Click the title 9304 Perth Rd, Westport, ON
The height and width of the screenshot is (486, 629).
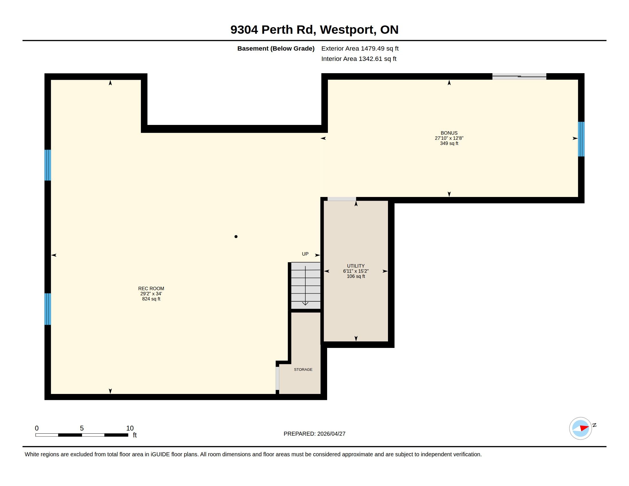tap(314, 30)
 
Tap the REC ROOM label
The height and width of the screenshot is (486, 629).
tap(151, 288)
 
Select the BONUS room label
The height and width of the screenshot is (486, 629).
tap(449, 133)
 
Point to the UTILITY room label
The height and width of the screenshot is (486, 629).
tap(356, 266)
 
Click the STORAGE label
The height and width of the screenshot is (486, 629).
tap(303, 369)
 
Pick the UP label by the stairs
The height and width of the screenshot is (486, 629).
tap(305, 254)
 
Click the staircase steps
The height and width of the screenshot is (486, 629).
tap(306, 286)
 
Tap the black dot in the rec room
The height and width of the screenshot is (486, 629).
tap(236, 237)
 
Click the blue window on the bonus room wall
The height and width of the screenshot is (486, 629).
tap(581, 139)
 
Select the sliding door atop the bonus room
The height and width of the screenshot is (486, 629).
tap(519, 77)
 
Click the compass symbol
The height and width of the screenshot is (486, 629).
tap(581, 428)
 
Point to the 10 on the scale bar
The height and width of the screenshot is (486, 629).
tap(130, 428)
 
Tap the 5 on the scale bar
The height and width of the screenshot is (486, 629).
tap(82, 428)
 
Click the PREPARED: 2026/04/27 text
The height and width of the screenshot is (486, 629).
tap(314, 434)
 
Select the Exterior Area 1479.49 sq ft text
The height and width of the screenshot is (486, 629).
tap(360, 48)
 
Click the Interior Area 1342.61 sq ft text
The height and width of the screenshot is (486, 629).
tap(359, 59)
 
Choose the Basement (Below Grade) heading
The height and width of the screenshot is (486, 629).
tap(276, 48)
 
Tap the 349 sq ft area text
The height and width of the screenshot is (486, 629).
tap(449, 144)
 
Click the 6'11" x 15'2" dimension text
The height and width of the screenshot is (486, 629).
tap(356, 271)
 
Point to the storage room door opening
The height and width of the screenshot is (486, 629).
tap(277, 378)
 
